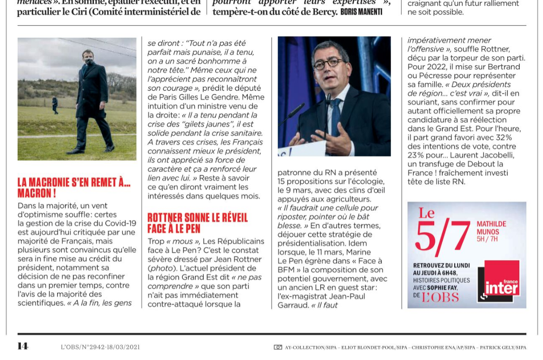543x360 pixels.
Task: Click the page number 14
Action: click(x=23, y=346)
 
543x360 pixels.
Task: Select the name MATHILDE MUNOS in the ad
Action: click(x=491, y=228)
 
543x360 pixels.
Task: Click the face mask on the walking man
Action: click(x=89, y=61)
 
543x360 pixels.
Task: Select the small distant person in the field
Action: click(x=55, y=105)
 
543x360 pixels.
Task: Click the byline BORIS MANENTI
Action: click(x=361, y=12)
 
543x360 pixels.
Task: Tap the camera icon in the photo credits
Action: click(x=278, y=347)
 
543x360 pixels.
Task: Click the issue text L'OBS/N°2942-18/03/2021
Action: click(x=100, y=347)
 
